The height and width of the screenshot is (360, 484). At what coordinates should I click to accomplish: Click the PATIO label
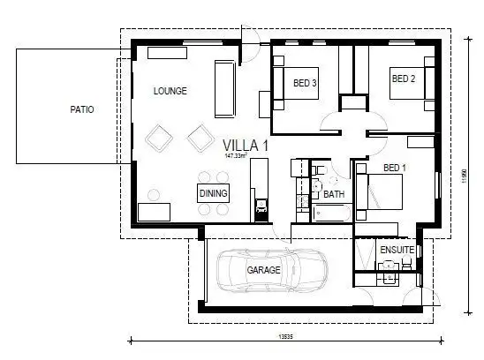click(81, 109)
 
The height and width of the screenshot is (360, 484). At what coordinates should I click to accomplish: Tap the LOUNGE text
click(170, 91)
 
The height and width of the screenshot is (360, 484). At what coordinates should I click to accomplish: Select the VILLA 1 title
click(246, 144)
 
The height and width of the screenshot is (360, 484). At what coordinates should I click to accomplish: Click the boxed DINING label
click(213, 193)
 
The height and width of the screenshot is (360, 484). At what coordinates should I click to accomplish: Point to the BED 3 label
click(305, 83)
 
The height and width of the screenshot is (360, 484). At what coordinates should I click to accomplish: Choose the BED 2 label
click(403, 79)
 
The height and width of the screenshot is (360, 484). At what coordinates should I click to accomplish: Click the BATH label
click(334, 193)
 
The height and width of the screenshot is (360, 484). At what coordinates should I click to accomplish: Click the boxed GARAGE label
click(263, 271)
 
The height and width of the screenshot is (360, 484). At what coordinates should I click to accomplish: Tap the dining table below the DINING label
click(213, 210)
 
